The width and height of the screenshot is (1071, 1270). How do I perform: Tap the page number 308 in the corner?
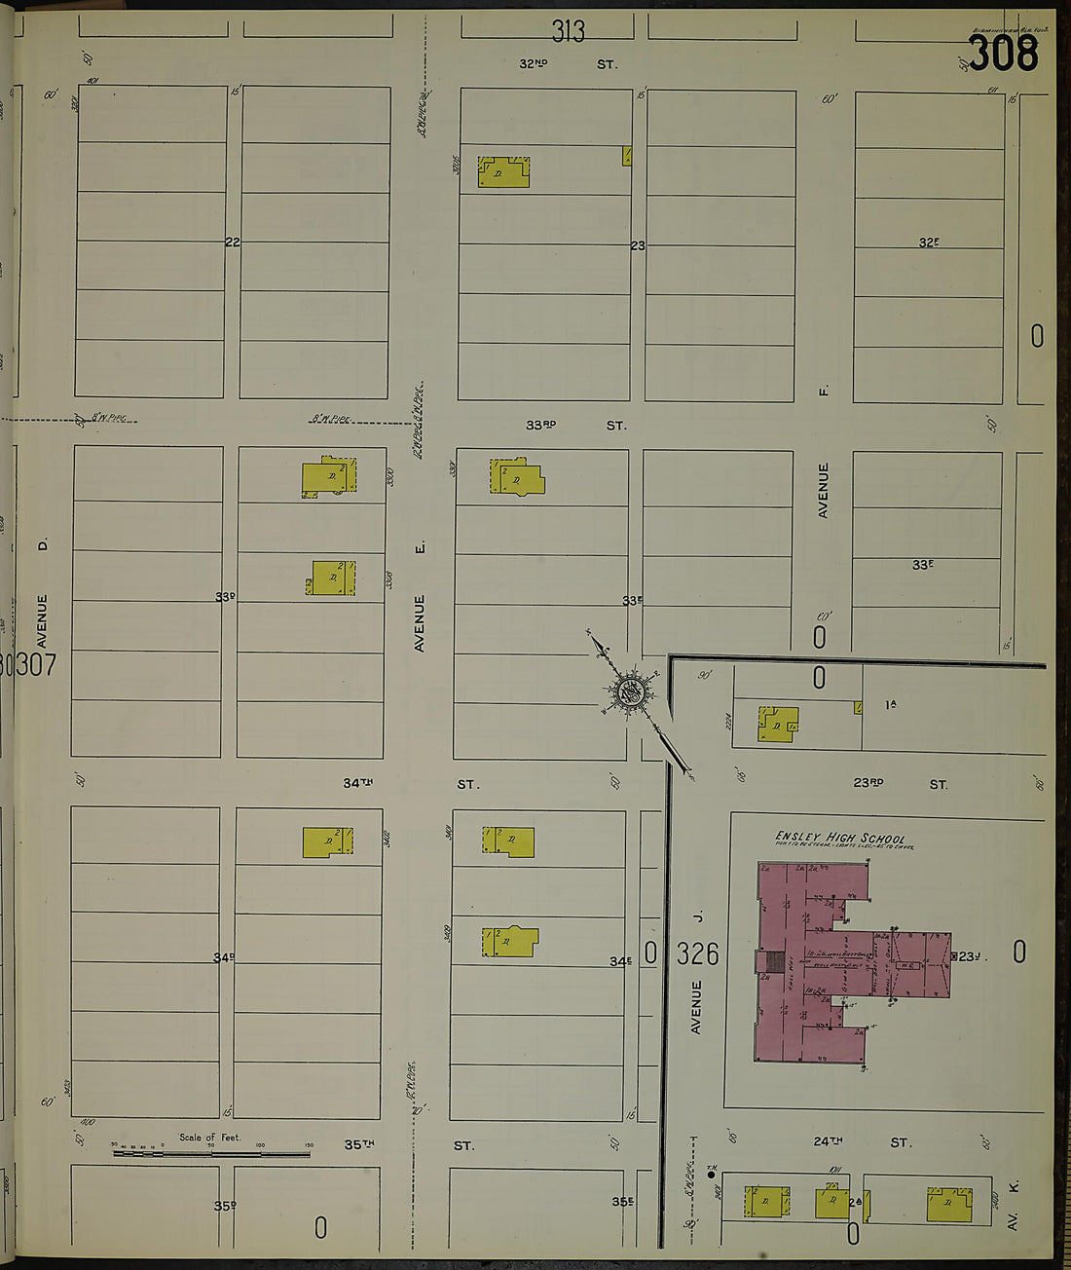[1003, 53]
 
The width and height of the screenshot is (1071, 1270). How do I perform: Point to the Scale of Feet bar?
[211, 1153]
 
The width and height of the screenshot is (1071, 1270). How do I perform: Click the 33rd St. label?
[574, 426]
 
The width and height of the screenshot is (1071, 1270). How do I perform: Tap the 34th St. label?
[409, 783]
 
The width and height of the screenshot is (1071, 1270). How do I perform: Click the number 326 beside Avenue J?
[697, 953]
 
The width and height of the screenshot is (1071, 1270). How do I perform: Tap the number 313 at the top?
[568, 32]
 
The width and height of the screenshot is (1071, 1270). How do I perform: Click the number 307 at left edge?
[33, 665]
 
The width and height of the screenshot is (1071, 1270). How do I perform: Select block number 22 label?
[232, 242]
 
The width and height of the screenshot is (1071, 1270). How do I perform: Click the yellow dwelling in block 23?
[503, 172]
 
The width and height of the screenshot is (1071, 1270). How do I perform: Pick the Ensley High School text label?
[839, 838]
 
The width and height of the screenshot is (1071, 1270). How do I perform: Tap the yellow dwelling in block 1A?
[778, 725]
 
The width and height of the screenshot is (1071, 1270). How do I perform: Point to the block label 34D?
[224, 957]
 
